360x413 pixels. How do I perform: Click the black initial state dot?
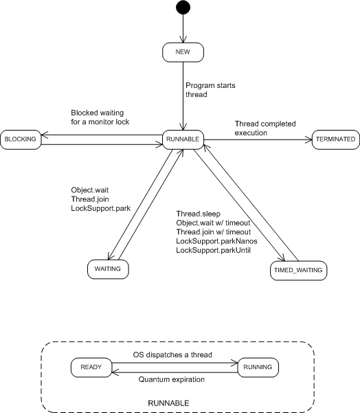183,7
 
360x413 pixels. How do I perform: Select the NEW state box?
183,52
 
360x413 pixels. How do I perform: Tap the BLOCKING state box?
21,139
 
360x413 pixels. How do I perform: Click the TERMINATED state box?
336,139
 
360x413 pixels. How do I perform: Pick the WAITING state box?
108,269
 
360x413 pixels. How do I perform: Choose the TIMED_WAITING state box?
299,271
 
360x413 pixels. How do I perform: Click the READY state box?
91,368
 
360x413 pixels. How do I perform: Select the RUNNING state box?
258,368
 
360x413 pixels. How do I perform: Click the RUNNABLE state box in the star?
183,139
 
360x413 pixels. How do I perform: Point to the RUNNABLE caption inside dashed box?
168,403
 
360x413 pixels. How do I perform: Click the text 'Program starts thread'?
210,90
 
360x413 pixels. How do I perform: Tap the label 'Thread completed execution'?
265,129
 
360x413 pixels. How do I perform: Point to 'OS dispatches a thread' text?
172,355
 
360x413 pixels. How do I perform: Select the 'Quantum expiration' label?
172,379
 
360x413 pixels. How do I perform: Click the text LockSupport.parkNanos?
216,241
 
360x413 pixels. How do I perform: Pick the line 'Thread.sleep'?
199,214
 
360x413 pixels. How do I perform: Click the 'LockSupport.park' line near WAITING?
101,208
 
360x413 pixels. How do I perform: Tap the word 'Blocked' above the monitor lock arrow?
83,113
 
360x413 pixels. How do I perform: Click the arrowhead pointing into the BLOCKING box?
45,135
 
